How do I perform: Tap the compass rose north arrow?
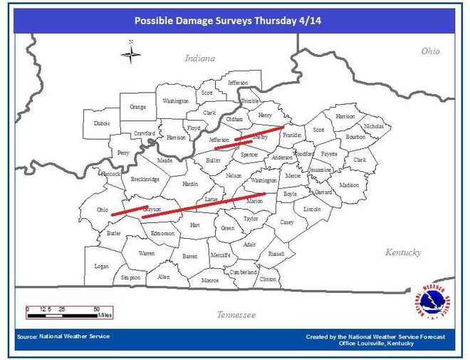130,53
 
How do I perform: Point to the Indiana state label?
199,58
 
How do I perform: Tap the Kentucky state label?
403,252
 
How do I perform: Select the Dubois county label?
102,123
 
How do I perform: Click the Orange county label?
137,107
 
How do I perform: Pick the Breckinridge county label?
145,179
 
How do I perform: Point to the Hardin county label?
189,184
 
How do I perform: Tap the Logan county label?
102,266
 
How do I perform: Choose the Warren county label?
147,253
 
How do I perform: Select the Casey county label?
286,222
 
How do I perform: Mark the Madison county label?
349,185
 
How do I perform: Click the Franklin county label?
292,135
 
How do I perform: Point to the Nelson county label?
234,175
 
